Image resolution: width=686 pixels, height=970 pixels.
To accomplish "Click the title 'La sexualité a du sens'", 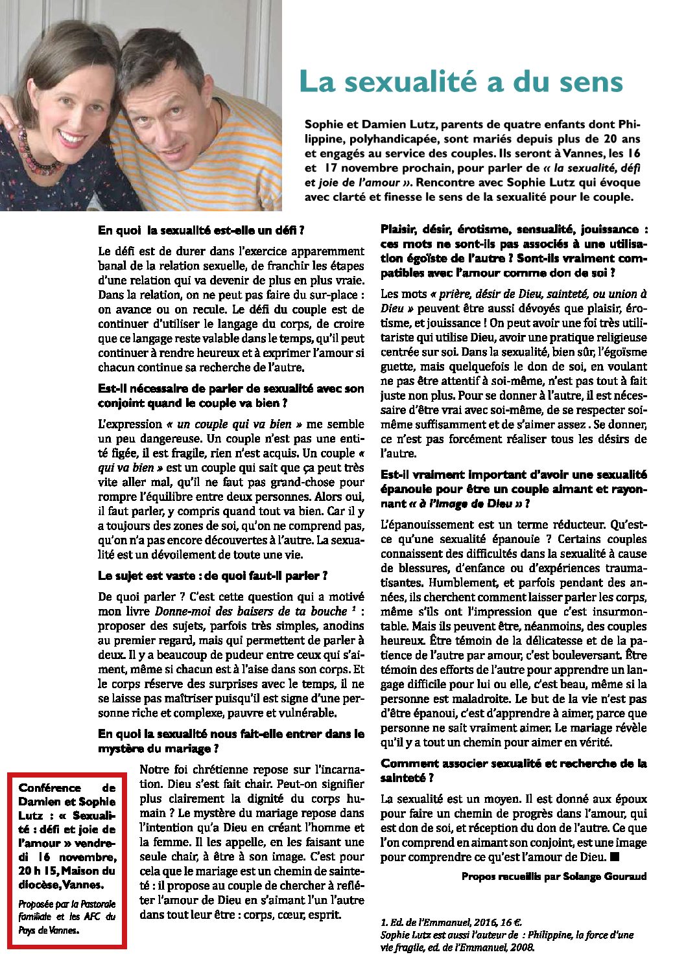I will tap(460, 83).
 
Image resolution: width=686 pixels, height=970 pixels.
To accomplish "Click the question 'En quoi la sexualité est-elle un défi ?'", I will tap(201, 230).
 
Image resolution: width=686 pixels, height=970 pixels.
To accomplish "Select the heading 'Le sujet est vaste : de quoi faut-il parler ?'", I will tap(213, 575).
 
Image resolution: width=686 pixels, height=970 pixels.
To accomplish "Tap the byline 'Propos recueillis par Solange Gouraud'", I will tap(554, 876).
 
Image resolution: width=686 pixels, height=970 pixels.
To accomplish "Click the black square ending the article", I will tap(615, 857).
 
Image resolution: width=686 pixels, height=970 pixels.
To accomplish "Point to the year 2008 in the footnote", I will tap(523, 947).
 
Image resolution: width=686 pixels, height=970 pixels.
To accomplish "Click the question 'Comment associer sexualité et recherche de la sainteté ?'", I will tap(514, 770).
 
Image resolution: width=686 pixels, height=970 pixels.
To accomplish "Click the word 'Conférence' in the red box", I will tap(50, 788).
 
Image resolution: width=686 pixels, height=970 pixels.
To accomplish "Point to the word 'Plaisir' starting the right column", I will tap(399, 229).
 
